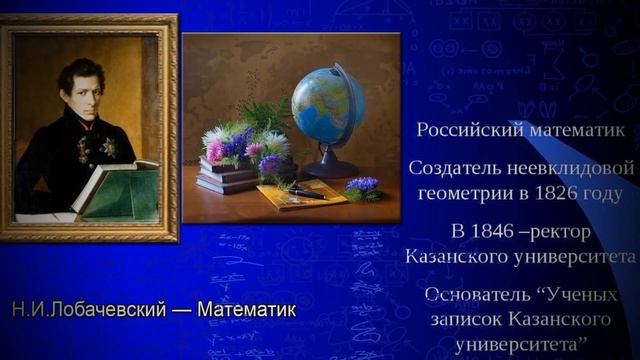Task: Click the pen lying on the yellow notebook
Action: coord(305,192)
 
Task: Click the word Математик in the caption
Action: coord(247,309)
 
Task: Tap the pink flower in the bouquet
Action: coord(215,150)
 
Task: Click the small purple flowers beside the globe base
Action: coord(362,184)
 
